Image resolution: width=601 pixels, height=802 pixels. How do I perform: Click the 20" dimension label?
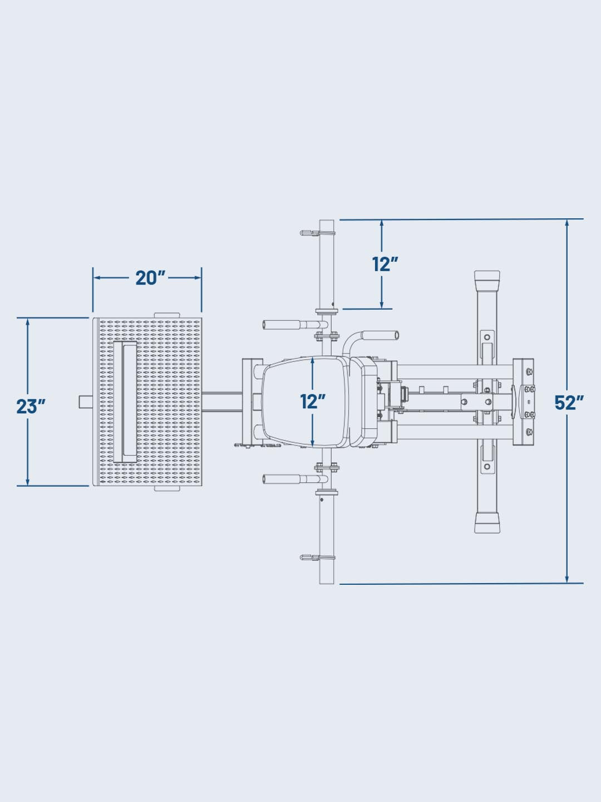151,277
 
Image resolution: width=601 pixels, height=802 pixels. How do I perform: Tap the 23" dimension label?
30,406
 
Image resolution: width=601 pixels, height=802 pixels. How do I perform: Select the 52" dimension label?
569,402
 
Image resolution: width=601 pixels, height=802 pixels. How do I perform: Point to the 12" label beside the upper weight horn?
386,264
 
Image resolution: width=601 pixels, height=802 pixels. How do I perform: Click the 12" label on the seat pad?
313,401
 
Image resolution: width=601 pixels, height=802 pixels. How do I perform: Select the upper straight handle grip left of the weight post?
281,325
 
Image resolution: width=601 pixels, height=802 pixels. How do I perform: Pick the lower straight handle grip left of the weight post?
281,478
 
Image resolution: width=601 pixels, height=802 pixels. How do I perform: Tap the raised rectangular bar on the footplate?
125,401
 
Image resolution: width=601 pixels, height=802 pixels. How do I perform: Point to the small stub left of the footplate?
85,401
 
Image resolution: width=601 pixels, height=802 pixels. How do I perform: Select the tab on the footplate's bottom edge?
166,488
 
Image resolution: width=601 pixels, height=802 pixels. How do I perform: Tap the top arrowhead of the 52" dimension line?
566,223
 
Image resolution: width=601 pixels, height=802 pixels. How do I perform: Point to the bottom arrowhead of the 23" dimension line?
28,481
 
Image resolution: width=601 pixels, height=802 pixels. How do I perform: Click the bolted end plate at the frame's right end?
523,401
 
